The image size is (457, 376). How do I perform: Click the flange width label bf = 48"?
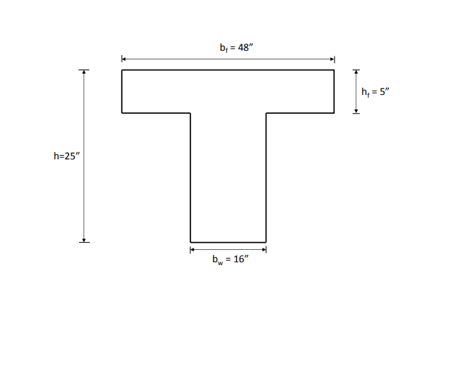pyautogui.click(x=237, y=47)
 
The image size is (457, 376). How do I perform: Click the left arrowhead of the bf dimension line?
pyautogui.click(x=124, y=59)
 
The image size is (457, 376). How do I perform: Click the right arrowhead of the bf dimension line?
pyautogui.click(x=332, y=59)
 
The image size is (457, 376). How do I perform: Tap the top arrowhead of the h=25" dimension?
pyautogui.click(x=84, y=72)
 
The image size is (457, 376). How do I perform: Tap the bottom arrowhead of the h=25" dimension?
pyautogui.click(x=84, y=240)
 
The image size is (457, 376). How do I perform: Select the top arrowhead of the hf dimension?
pyautogui.click(x=356, y=72)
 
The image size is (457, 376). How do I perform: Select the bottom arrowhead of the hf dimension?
pyautogui.click(x=356, y=111)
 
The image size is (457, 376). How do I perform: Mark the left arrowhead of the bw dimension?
pyautogui.click(x=193, y=249)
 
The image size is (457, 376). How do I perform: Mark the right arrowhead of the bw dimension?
pyautogui.click(x=264, y=249)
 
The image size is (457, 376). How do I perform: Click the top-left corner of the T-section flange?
pyautogui.click(x=122, y=70)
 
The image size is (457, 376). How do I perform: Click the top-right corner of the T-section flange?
pyautogui.click(x=335, y=70)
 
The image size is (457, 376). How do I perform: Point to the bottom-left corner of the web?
pyautogui.click(x=190, y=242)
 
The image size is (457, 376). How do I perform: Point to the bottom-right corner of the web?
pyautogui.click(x=266, y=242)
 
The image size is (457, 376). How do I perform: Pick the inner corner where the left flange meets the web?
pyautogui.click(x=190, y=113)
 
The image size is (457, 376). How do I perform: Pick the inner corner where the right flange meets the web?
pyautogui.click(x=266, y=113)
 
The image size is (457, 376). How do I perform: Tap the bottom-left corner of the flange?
pyautogui.click(x=122, y=113)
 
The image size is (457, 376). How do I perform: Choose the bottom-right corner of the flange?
pyautogui.click(x=335, y=113)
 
